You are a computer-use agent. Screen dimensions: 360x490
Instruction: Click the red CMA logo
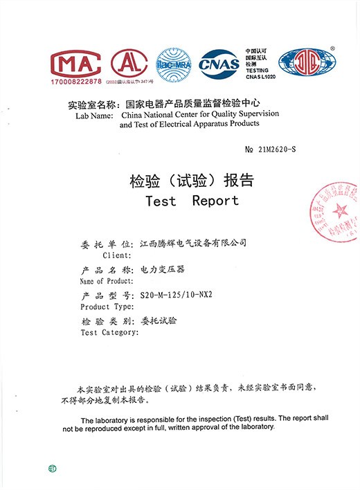76,64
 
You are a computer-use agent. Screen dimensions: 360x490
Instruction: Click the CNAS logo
219,64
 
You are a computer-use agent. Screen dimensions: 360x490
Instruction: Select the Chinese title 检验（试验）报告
192,181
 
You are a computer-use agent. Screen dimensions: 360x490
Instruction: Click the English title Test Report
192,201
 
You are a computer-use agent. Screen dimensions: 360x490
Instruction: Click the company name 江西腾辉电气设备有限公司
193,244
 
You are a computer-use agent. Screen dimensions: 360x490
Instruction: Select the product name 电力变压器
163,269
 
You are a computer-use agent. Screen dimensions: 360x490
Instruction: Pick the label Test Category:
109,333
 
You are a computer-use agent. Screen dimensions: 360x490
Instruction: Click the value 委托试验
159,321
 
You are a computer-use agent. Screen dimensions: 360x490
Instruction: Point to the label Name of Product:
106,281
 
